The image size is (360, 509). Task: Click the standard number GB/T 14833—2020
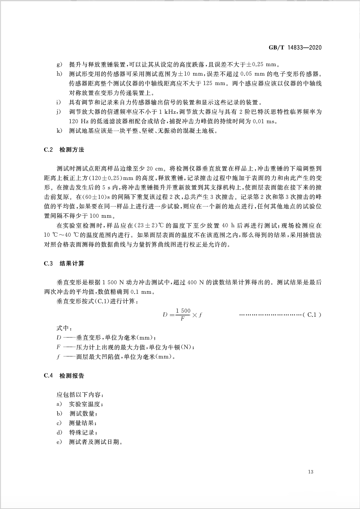pos(295,48)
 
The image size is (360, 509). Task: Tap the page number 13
pos(310,472)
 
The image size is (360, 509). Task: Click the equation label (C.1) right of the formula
pos(312,315)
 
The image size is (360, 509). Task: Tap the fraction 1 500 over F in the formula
pos(183,314)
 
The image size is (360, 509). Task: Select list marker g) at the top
pos(60,65)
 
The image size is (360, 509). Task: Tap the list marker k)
pos(60,131)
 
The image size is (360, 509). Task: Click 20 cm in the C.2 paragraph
pos(154,169)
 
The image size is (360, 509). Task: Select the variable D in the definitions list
pos(59,337)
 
